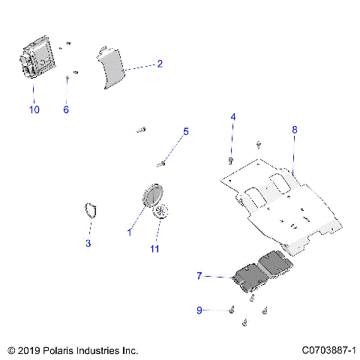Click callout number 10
coord(34,109)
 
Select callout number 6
coord(65,109)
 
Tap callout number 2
coord(160,64)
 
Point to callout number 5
coord(186,131)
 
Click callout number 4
coord(232,117)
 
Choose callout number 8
coord(294,129)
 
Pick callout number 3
coord(88,243)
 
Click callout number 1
coord(129,233)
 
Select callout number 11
coord(155,248)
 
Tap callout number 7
coord(199,276)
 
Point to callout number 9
coord(199,310)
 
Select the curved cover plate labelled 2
coord(112,68)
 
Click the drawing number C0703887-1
coord(328,350)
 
